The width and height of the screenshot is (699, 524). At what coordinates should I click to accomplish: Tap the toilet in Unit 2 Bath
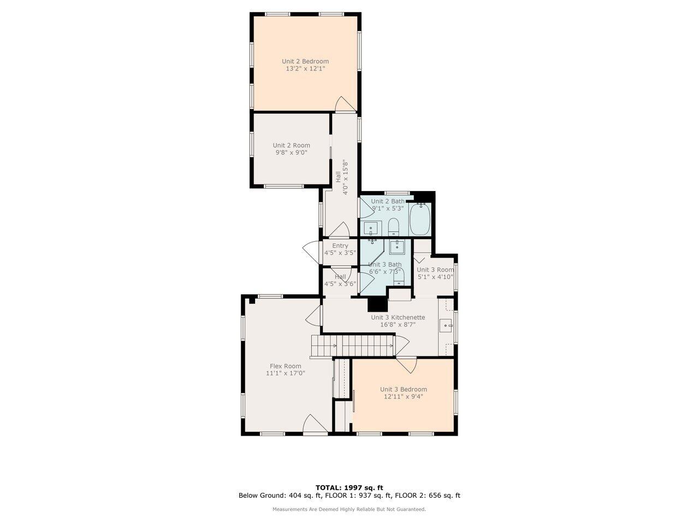394,226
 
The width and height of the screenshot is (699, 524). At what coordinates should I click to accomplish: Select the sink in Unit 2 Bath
371,229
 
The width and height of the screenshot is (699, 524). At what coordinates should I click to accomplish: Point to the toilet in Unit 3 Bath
399,277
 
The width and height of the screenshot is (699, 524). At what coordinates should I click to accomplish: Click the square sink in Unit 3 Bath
397,247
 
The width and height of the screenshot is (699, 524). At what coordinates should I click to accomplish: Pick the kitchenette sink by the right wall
447,327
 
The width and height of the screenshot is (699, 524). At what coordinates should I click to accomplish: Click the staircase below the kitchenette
352,346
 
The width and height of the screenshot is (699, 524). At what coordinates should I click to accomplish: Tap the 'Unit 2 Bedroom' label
305,61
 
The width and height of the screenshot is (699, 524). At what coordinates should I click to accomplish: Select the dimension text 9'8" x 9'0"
292,153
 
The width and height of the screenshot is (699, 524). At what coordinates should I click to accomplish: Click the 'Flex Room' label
285,366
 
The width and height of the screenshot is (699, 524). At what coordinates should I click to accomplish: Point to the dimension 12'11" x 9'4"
403,397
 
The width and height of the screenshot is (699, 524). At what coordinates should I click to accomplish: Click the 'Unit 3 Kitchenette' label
398,317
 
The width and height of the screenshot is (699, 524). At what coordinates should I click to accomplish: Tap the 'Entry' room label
340,246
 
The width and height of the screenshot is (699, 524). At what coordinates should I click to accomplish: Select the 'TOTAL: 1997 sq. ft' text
349,487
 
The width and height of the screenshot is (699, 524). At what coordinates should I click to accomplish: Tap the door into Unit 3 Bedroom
406,365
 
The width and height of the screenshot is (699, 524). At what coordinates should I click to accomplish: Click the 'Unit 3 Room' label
435,270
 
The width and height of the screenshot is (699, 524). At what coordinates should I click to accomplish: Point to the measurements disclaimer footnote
349,509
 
